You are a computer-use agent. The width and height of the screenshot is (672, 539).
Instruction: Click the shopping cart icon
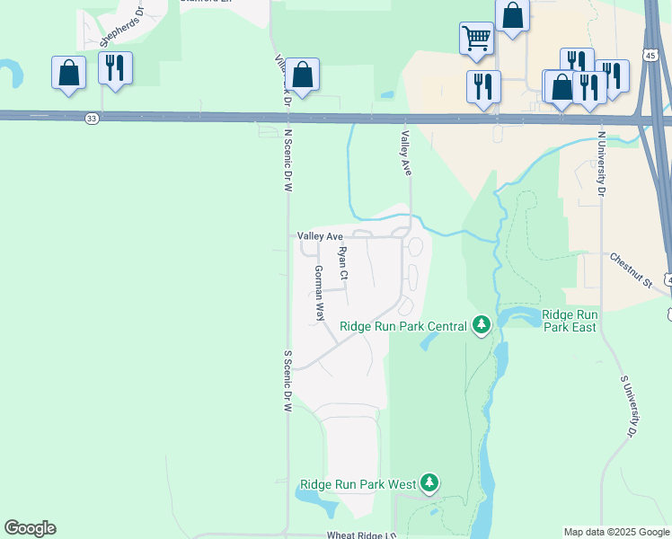pos(476,39)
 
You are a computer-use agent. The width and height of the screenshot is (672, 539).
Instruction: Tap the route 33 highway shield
pos(92,118)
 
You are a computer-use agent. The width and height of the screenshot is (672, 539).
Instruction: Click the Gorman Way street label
pos(319,294)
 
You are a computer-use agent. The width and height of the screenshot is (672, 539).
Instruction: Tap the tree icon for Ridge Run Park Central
pos(482,325)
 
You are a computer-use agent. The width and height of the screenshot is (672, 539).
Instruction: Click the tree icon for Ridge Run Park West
pos(429,483)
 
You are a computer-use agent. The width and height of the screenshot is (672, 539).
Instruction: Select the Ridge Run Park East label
pos(570,321)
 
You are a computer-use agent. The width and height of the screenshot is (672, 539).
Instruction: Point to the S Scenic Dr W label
pos(288,381)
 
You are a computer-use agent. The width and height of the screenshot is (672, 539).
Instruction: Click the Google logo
pos(30,528)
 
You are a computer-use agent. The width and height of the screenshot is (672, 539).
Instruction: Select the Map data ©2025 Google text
pos(615,532)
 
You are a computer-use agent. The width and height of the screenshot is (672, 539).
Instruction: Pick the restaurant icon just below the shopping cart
pos(483,87)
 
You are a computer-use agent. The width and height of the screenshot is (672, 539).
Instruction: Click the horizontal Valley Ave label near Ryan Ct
pos(321,236)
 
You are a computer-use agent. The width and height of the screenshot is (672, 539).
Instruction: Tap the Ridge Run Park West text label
pos(358,484)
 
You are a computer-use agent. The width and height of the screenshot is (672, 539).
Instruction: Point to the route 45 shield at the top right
pos(649,56)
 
